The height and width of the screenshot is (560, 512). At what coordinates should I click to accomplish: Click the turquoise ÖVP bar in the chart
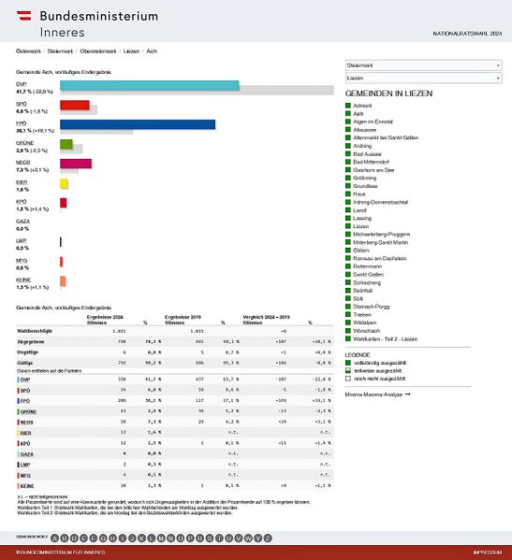click(x=150, y=86)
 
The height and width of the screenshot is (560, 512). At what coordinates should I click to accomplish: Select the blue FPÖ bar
click(x=138, y=124)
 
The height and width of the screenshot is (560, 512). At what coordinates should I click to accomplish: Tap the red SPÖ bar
click(x=75, y=105)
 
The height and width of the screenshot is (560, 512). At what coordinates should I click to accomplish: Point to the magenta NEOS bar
click(x=76, y=164)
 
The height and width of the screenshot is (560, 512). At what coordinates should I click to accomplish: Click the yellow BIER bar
click(x=64, y=183)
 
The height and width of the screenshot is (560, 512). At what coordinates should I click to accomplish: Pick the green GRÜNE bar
click(x=66, y=144)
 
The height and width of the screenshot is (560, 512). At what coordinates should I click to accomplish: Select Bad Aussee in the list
click(x=371, y=154)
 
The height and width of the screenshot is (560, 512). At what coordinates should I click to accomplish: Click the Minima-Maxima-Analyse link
click(x=377, y=395)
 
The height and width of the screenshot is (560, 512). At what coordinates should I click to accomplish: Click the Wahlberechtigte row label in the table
click(x=37, y=331)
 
